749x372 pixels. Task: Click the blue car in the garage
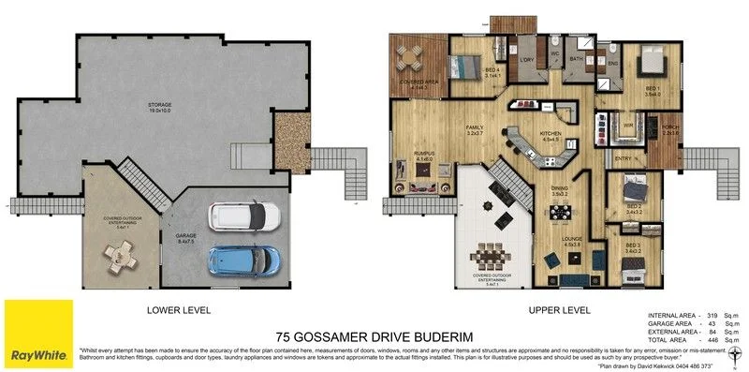tap(243, 258)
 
